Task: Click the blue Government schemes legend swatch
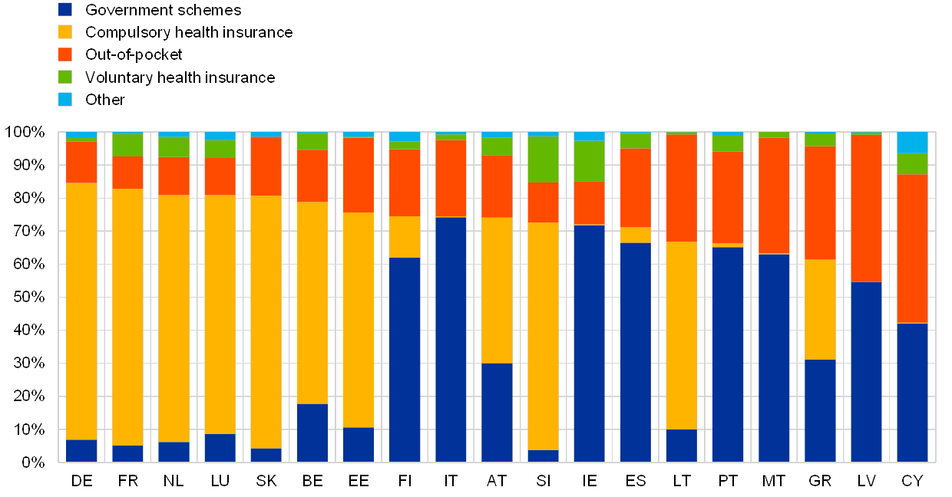click(x=65, y=10)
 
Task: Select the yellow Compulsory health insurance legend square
click(x=65, y=32)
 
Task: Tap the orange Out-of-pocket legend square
click(x=65, y=54)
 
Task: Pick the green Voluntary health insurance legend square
click(x=65, y=77)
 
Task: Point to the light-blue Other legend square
click(x=65, y=99)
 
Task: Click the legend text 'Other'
click(x=104, y=99)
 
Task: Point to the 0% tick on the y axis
click(x=32, y=462)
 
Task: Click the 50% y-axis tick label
click(x=29, y=297)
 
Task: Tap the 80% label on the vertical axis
click(x=29, y=198)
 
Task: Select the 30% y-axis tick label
click(x=29, y=363)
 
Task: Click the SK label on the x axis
click(x=266, y=481)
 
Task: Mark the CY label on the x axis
click(x=912, y=481)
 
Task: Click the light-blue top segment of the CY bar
click(x=912, y=143)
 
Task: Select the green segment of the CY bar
click(x=912, y=163)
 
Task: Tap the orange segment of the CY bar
click(x=912, y=248)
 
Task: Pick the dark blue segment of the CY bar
click(x=912, y=392)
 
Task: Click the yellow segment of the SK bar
click(x=266, y=321)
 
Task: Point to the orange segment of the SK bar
click(x=266, y=166)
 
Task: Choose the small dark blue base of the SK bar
click(x=266, y=455)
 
